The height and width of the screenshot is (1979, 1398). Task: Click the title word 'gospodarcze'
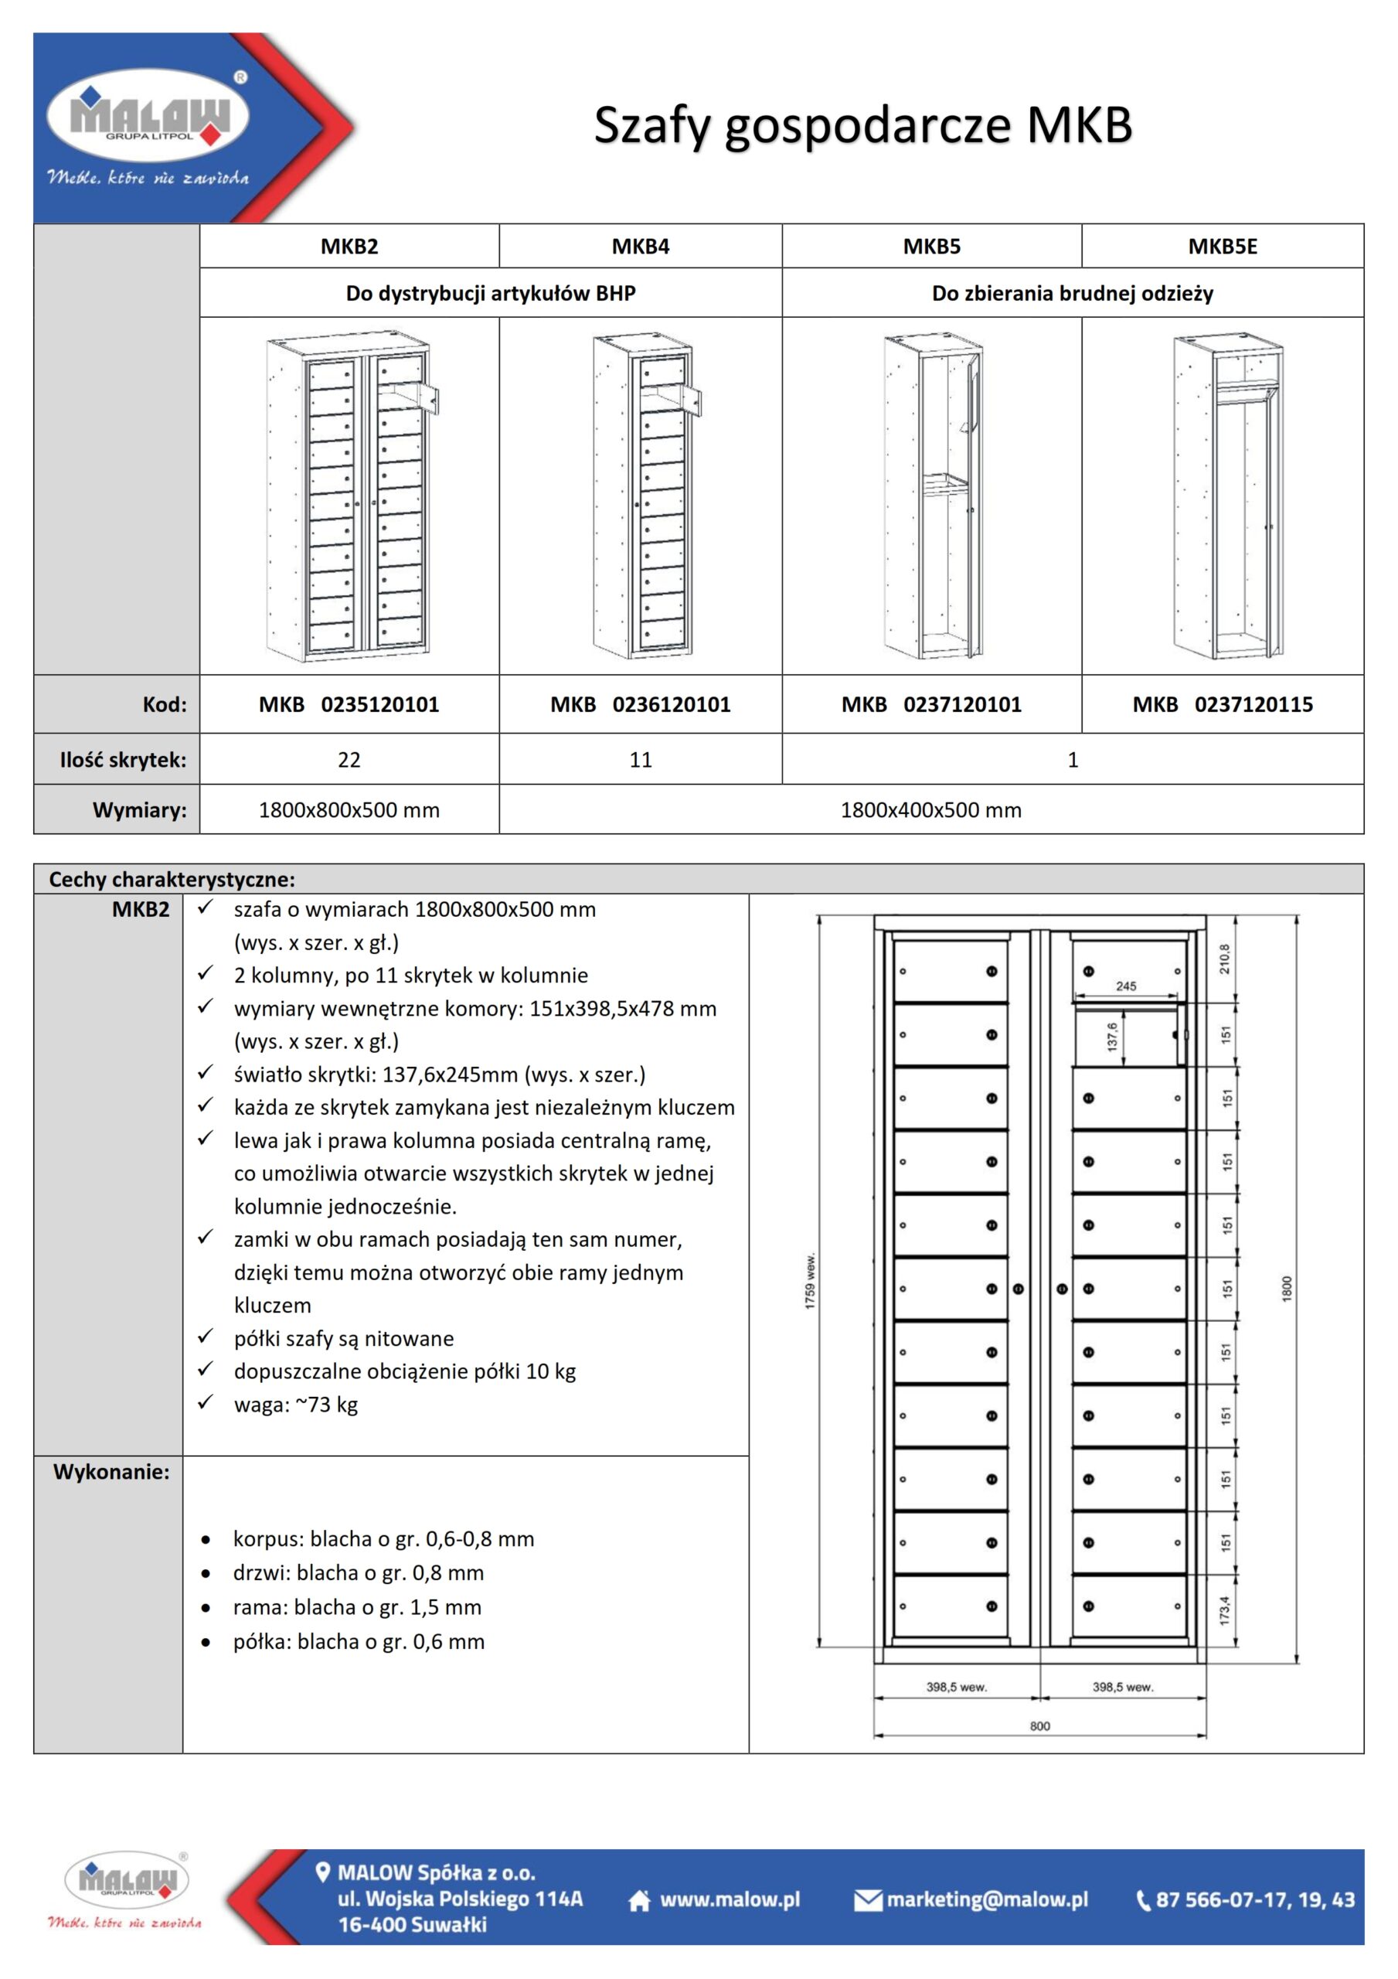coord(866,126)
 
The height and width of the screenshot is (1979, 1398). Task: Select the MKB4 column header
coord(641,247)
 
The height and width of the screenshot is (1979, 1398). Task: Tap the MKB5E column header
coord(1222,247)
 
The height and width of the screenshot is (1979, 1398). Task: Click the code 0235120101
coord(380,704)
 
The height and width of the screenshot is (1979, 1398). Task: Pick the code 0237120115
coord(1253,704)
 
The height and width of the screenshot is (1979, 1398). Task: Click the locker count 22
coord(349,759)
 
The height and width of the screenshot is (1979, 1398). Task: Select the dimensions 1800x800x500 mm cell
coord(349,810)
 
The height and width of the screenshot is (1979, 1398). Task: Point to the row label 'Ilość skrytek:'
coord(122,759)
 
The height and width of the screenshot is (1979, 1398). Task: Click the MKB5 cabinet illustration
coord(933,497)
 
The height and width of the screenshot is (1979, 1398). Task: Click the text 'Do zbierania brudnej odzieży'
coord(1072,293)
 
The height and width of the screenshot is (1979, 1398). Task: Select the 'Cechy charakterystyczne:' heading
coord(172,879)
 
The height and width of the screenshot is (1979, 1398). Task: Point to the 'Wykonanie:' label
coord(111,1471)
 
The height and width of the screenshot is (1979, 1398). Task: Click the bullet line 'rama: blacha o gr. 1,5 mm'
coord(357,1606)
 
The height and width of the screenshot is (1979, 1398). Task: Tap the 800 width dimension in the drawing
coord(1039,1725)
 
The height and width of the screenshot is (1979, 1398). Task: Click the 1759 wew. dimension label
coord(810,1282)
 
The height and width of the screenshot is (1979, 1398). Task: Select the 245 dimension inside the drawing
coord(1126,986)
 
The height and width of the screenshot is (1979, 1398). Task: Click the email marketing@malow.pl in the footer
coord(987,1899)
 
